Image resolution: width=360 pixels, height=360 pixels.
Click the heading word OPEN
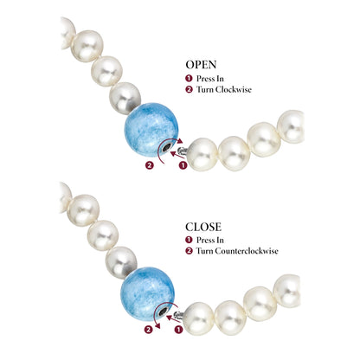click(201, 65)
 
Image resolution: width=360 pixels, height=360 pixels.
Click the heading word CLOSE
click(203, 227)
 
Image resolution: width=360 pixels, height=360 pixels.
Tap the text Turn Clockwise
click(224, 89)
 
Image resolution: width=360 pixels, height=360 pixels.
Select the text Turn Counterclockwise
click(237, 251)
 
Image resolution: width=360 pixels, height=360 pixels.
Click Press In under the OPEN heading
click(210, 79)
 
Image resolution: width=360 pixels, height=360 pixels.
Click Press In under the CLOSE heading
click(210, 240)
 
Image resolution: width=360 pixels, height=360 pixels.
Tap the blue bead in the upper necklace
click(151, 130)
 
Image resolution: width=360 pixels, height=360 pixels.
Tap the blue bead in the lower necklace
click(147, 293)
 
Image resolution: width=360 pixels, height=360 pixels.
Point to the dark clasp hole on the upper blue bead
click(167, 148)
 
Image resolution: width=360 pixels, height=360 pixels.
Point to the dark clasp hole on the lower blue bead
click(163, 312)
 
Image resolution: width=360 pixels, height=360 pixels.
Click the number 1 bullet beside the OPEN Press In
click(189, 79)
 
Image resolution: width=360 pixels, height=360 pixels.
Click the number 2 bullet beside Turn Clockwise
click(189, 89)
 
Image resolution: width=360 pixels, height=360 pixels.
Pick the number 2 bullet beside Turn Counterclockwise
click(189, 251)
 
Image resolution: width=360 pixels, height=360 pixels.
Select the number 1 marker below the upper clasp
click(183, 165)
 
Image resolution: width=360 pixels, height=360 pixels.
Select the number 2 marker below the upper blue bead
click(150, 165)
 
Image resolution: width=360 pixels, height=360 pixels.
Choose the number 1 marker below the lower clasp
click(179, 330)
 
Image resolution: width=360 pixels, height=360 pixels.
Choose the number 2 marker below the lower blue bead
click(148, 330)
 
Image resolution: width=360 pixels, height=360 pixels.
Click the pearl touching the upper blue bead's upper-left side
click(125, 99)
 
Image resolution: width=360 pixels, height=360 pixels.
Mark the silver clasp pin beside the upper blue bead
click(183, 151)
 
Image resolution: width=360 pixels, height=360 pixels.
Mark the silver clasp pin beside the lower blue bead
click(179, 315)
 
